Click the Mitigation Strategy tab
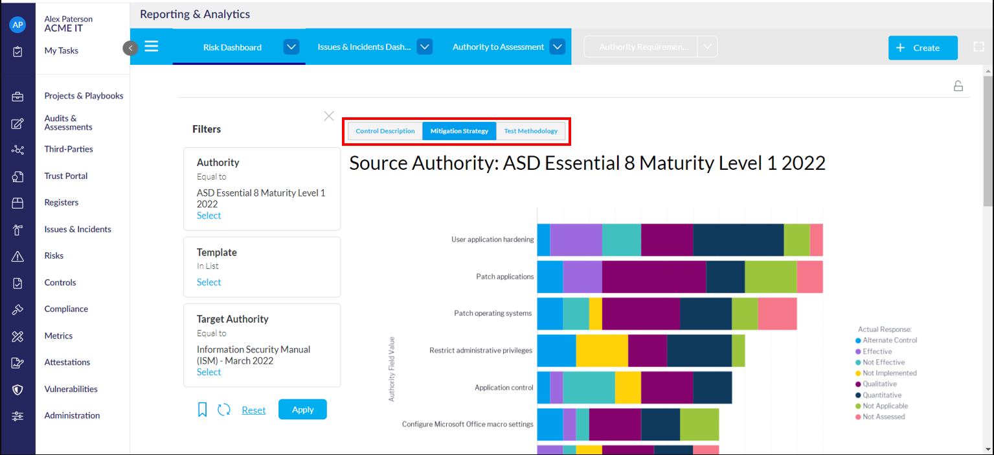[459, 131]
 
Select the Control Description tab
[385, 131]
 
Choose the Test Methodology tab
[530, 131]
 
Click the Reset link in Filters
[254, 410]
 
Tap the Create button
[923, 48]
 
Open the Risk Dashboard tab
[232, 47]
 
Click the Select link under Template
[209, 282]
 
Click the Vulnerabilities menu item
[71, 389]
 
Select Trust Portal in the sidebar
[65, 176]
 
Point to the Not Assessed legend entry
[883, 417]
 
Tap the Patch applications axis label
[504, 277]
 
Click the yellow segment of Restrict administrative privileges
[602, 351]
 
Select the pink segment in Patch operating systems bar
[777, 314]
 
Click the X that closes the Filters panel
[329, 116]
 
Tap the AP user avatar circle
[17, 25]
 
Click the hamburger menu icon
[152, 47]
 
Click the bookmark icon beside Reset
[202, 410]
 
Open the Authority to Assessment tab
[498, 47]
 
